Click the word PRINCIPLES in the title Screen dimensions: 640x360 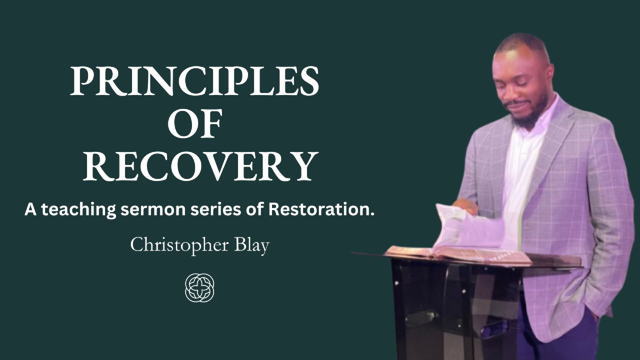click(194, 81)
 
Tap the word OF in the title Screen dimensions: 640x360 click(195, 123)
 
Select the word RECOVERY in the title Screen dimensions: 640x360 click(200, 166)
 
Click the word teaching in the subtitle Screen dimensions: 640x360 click(79, 210)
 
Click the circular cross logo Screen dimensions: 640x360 click(199, 287)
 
